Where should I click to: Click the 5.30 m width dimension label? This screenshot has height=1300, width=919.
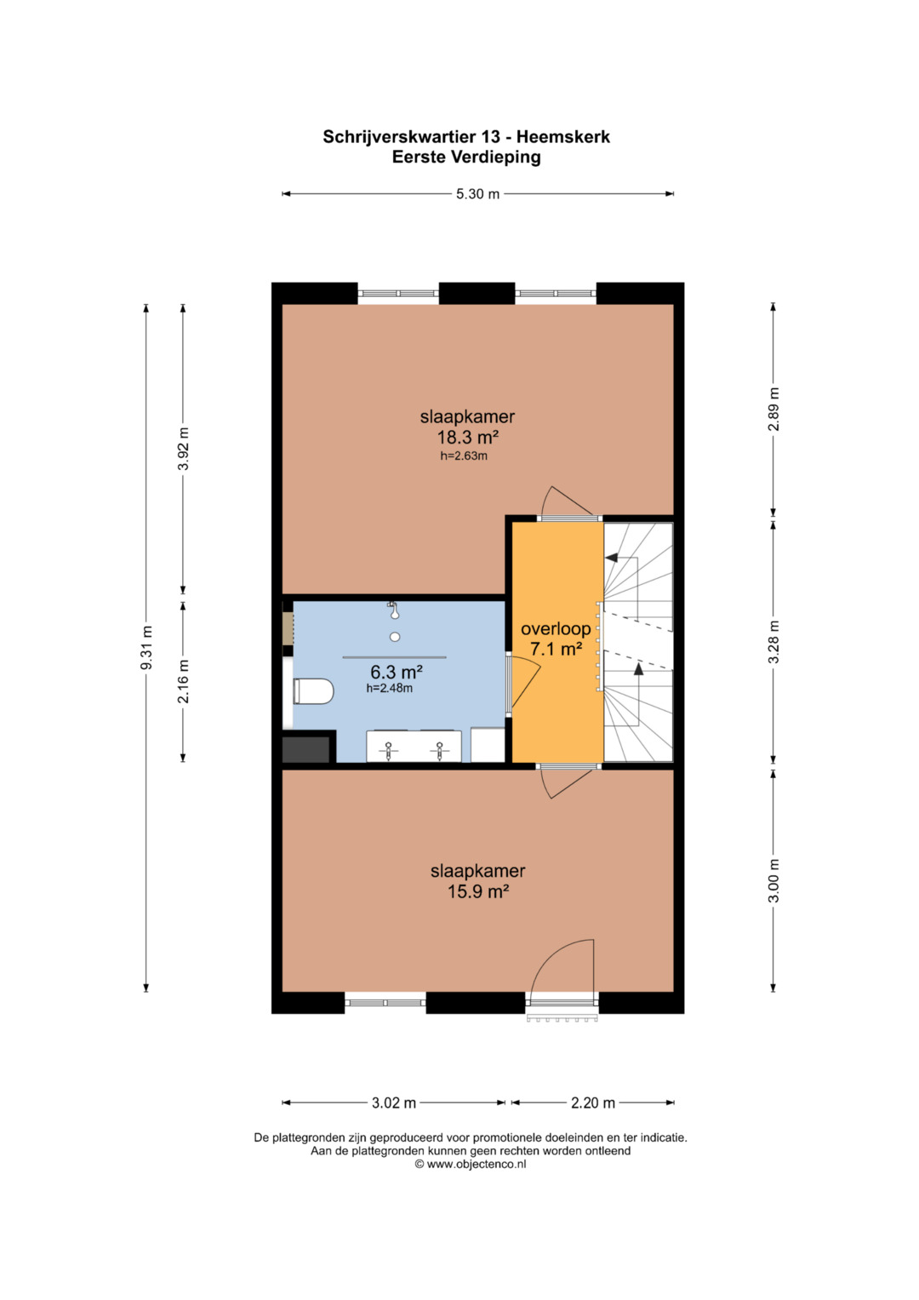477,194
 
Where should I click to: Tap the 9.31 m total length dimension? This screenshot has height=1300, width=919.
146,647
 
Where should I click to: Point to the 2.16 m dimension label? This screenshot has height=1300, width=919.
183,681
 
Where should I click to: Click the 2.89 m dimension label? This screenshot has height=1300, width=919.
773,409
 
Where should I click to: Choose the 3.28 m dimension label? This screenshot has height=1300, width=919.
773,642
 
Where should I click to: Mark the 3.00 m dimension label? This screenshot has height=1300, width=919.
773,881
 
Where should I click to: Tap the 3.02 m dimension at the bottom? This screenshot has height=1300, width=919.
394,1102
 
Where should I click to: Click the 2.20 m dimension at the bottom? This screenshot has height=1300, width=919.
593,1102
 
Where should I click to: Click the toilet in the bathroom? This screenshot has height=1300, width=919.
313,691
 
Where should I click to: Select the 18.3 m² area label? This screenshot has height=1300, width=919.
468,437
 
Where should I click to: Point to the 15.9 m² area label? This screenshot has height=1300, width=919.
478,891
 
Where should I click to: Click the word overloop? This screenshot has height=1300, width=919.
556,628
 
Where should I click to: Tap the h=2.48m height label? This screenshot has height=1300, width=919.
390,689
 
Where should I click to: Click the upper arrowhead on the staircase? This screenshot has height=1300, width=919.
610,558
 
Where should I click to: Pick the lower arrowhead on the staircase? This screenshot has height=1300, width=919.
639,669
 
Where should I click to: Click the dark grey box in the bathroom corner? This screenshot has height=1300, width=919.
305,750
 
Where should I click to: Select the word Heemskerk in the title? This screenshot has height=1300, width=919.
562,137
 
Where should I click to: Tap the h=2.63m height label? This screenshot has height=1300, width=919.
464,456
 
